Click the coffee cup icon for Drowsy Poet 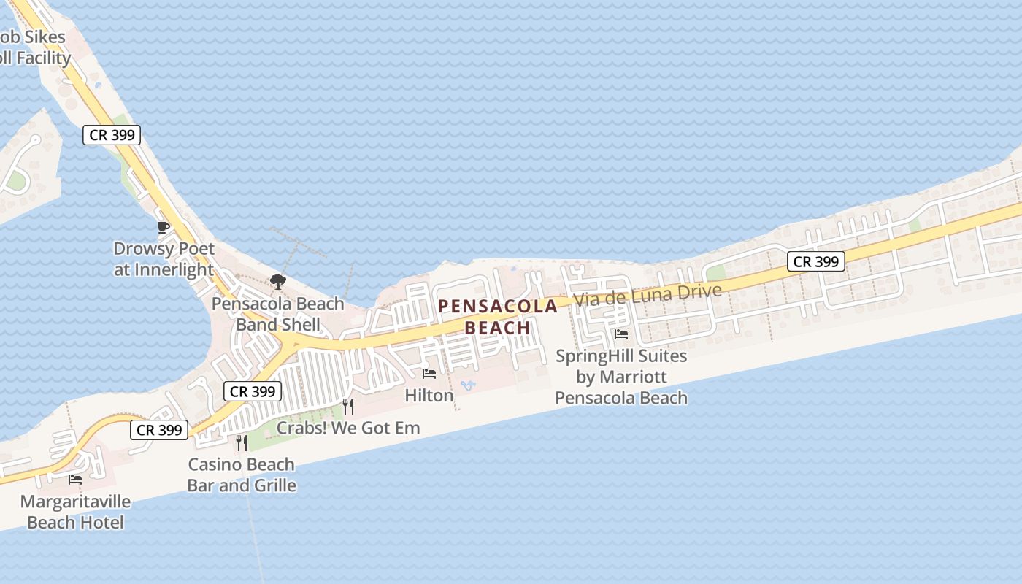pyautogui.click(x=164, y=227)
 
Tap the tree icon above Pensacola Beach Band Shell pyautogui.click(x=277, y=281)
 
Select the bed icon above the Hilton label pyautogui.click(x=429, y=374)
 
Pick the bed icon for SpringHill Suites pyautogui.click(x=621, y=334)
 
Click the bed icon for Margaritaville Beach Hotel pyautogui.click(x=75, y=480)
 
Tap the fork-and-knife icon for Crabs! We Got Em pyautogui.click(x=348, y=406)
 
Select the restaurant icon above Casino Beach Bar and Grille pyautogui.click(x=242, y=442)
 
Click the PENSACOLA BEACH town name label pyautogui.click(x=498, y=317)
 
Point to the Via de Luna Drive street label pyautogui.click(x=647, y=295)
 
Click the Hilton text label pyautogui.click(x=429, y=395)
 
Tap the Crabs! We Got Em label pyautogui.click(x=347, y=428)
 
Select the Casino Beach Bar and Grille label pyautogui.click(x=242, y=474)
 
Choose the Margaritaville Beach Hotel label pyautogui.click(x=75, y=512)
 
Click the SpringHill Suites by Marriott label pyautogui.click(x=621, y=377)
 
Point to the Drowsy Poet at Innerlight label pyautogui.click(x=164, y=258)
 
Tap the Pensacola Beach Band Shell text pyautogui.click(x=277, y=314)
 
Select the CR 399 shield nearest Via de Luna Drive pyautogui.click(x=816, y=261)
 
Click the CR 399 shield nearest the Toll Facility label pyautogui.click(x=111, y=135)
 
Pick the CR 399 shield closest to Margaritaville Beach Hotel pyautogui.click(x=159, y=430)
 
